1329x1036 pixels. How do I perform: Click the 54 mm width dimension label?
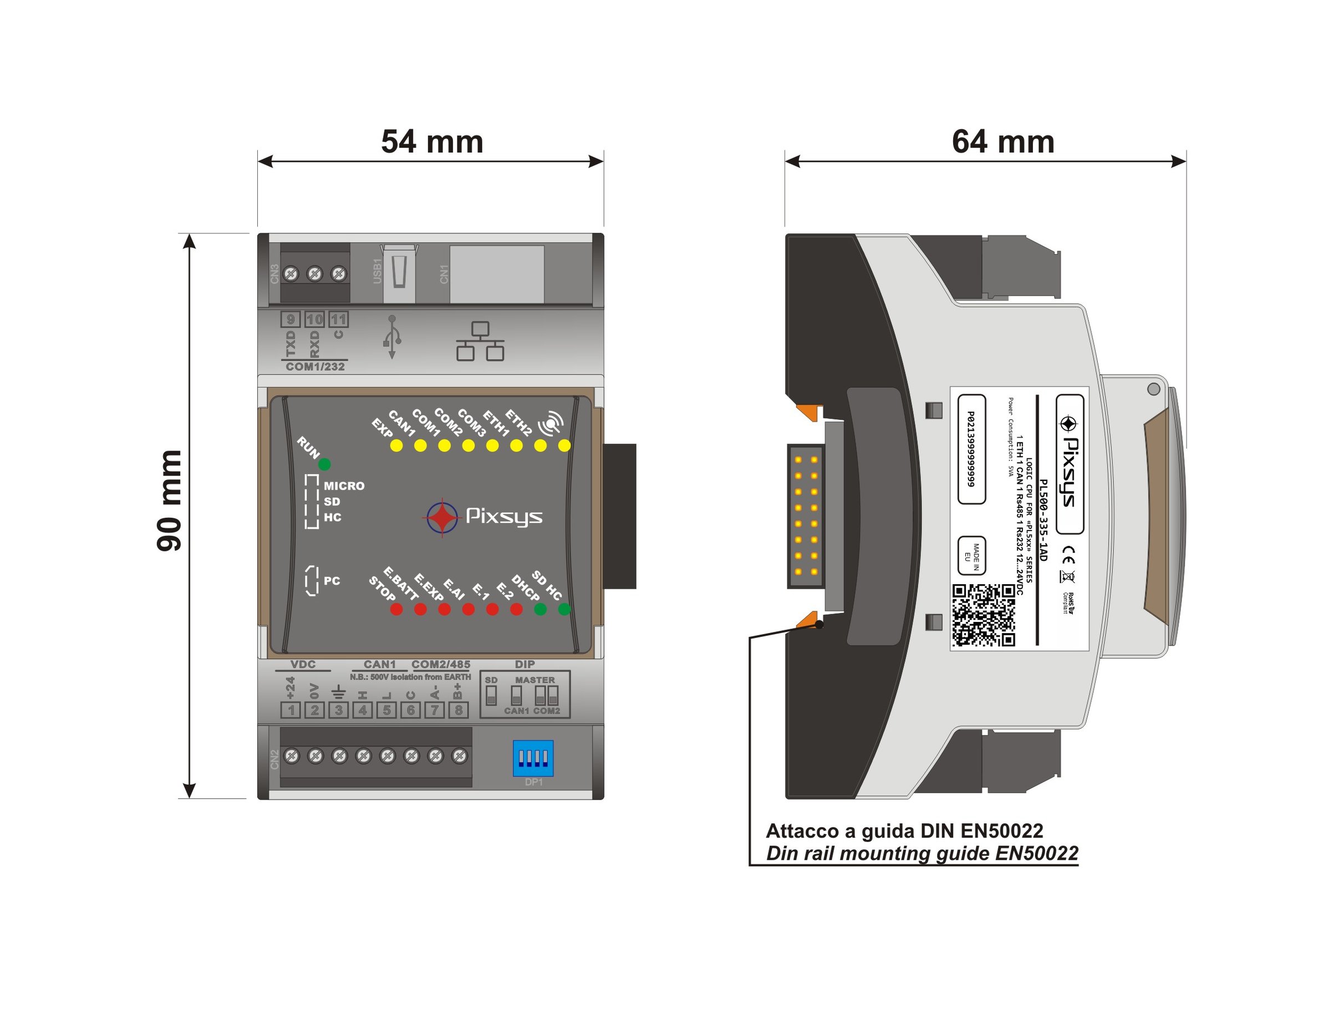(432, 142)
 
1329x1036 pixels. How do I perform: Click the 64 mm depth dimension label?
(1003, 142)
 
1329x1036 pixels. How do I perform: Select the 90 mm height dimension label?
(169, 501)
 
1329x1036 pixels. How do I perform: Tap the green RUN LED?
(324, 465)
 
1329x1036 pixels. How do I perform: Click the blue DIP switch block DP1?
(532, 758)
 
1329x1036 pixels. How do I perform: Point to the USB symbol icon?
(392, 336)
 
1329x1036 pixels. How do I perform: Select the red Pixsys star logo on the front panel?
(442, 518)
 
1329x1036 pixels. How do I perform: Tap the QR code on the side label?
(984, 615)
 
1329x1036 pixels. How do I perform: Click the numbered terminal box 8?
(458, 710)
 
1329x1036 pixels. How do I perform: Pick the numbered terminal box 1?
(291, 710)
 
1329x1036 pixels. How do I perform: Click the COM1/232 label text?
(315, 367)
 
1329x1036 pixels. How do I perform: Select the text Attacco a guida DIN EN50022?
(904, 831)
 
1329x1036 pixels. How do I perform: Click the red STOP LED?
(396, 609)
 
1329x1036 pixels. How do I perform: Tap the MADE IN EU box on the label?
(972, 555)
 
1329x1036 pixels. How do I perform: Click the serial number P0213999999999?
(971, 449)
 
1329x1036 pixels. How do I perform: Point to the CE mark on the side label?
(1068, 555)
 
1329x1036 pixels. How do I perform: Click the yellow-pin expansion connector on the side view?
(806, 516)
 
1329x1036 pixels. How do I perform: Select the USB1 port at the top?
(399, 273)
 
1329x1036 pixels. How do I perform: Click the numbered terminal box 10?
(314, 319)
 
